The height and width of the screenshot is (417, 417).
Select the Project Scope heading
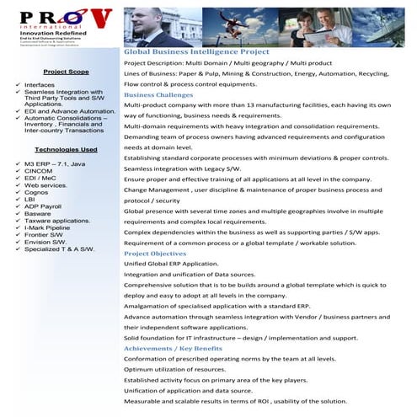66,72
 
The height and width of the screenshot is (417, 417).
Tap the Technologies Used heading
66,149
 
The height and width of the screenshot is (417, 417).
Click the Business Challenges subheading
158,95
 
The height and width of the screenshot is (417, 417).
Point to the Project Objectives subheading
155,254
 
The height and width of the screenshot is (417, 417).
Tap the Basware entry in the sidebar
39,213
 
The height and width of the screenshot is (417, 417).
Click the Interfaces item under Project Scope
40,85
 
